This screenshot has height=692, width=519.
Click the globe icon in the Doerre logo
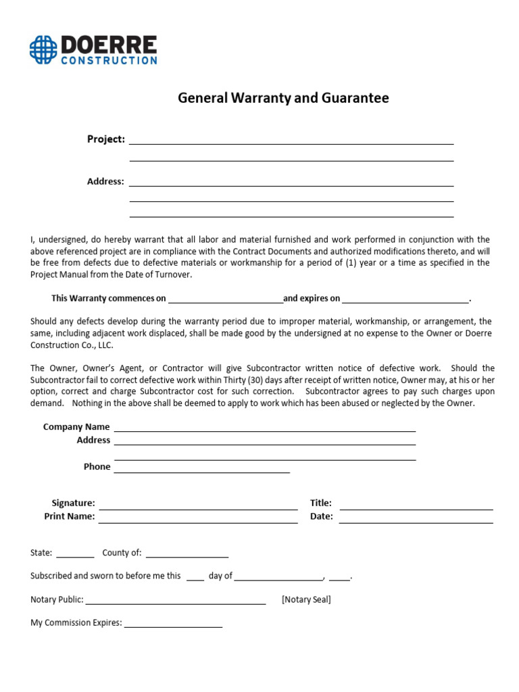[x=43, y=50]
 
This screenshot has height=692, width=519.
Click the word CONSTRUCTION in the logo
[x=109, y=60]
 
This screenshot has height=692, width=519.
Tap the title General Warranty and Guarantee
[x=283, y=98]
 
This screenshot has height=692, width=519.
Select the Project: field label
[x=106, y=139]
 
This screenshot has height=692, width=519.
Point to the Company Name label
[x=76, y=427]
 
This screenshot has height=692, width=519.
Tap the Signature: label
[x=74, y=503]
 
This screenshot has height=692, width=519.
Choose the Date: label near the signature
[x=321, y=516]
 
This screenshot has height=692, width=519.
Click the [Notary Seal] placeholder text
[x=306, y=599]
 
